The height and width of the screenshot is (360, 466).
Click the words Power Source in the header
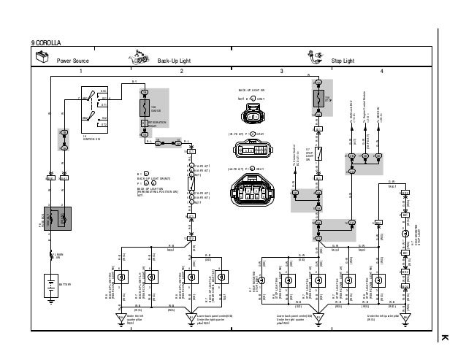[x=73, y=59]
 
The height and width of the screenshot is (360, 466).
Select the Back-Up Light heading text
[x=174, y=59]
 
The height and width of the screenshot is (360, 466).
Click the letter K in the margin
[x=442, y=337]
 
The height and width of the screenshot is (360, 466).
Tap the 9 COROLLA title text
[x=47, y=45]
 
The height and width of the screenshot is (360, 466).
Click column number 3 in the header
[x=281, y=72]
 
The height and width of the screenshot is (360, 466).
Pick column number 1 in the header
[x=81, y=72]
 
